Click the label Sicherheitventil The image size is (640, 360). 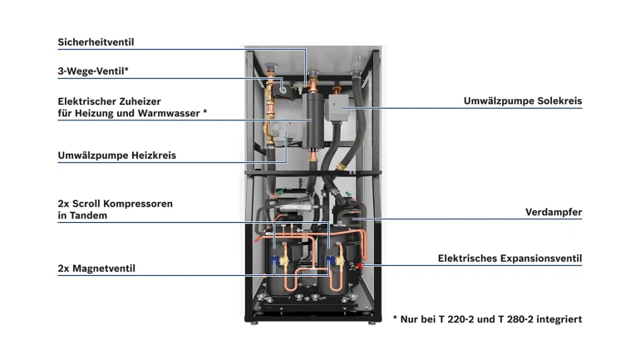point(96,42)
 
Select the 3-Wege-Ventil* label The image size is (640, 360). point(92,72)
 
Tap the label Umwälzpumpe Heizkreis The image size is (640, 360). point(116,155)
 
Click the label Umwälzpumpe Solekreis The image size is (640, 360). point(522,101)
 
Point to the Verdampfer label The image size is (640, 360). point(553,212)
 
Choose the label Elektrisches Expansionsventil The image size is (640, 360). point(510,259)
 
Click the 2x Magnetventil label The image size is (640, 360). point(96,269)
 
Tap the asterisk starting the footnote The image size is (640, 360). point(395,318)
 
